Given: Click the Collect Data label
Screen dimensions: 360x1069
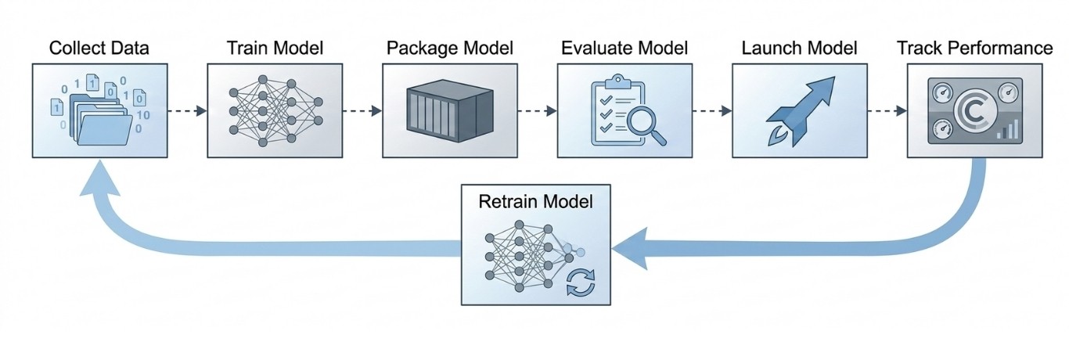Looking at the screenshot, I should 99,48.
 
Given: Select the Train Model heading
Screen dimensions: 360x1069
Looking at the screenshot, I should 274,48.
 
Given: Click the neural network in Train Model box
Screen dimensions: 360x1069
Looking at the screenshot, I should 275,110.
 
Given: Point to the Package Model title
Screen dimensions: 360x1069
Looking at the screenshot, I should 450,48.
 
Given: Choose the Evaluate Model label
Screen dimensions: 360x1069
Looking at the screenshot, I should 624,48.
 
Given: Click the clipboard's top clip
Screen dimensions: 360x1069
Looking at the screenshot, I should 617,81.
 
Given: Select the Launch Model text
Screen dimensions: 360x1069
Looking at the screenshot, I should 799,48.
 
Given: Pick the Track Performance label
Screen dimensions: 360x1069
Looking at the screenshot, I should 974,48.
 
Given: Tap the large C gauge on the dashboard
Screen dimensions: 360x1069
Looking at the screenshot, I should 974,111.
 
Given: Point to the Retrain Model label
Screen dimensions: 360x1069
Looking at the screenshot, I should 535,201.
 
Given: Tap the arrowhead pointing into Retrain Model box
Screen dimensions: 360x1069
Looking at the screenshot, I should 630,249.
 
